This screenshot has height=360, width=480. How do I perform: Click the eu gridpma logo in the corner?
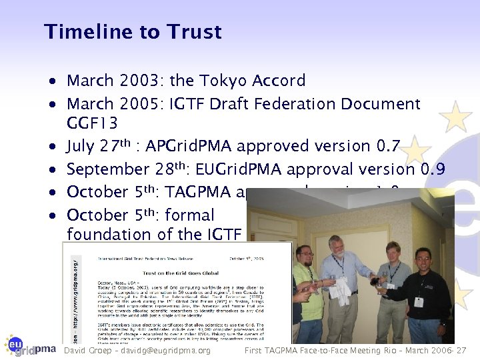click(x=29, y=345)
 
